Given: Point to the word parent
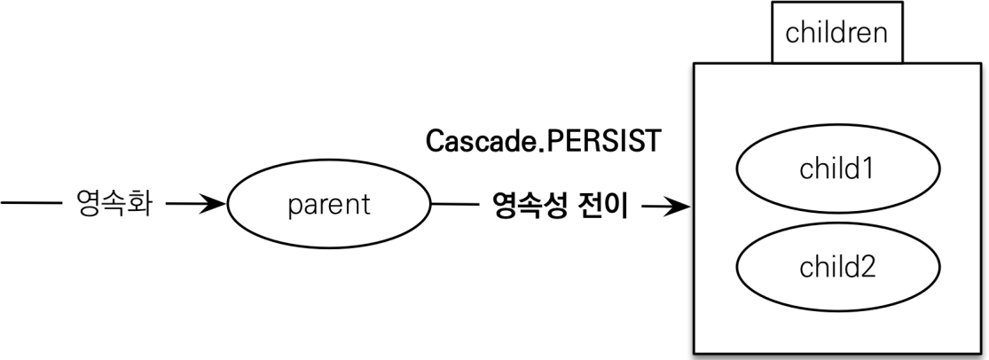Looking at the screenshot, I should (329, 206).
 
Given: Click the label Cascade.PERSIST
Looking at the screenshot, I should (544, 142).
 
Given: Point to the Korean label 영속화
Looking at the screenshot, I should (113, 206).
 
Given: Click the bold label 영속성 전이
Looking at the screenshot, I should (559, 207).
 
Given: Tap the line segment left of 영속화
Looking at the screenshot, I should (28, 205).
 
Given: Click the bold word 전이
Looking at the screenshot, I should (607, 207).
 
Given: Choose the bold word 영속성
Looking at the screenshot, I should (532, 207).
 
